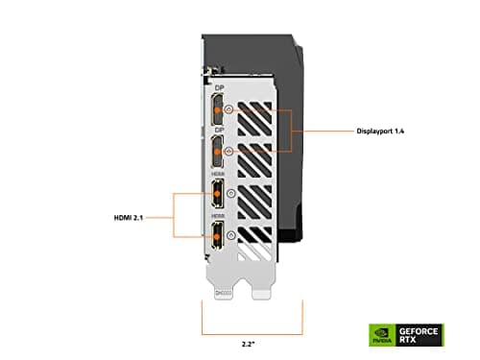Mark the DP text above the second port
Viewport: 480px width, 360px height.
(220, 129)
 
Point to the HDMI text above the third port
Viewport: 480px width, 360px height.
(220, 173)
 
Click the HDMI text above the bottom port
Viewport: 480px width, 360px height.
(220, 216)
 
